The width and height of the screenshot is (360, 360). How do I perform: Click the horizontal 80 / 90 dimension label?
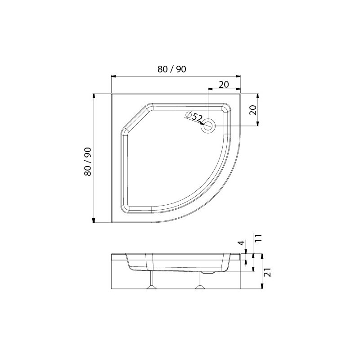pyautogui.click(x=172, y=69)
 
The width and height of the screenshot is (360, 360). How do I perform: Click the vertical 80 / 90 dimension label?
pyautogui.click(x=88, y=162)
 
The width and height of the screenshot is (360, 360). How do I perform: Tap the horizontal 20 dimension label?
pyautogui.click(x=224, y=85)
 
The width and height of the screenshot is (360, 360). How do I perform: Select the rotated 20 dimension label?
pyautogui.click(x=253, y=110)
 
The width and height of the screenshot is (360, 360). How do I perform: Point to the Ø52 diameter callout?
pyautogui.click(x=193, y=117)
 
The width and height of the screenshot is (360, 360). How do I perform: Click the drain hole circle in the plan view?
pyautogui.click(x=208, y=126)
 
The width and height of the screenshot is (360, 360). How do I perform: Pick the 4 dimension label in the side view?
pyautogui.click(x=241, y=243)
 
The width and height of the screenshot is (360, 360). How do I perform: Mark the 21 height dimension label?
pyautogui.click(x=268, y=272)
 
